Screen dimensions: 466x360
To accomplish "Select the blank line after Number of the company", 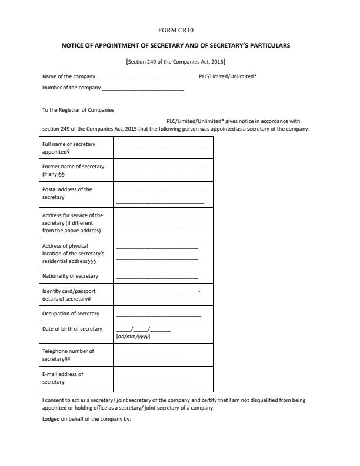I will coord(142,89).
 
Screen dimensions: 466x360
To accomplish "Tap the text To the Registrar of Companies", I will coord(78,110).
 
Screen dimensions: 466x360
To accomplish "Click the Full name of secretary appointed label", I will coord(69,148).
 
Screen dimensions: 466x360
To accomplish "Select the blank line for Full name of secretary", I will coord(160,145).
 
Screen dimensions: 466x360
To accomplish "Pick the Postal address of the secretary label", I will coord(68,193).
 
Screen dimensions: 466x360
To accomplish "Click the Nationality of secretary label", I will coord(70,275).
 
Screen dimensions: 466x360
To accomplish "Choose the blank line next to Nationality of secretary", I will coord(157,277).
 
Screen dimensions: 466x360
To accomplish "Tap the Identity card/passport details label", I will coord(69,295).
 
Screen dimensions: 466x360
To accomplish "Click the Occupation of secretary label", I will coord(71,314).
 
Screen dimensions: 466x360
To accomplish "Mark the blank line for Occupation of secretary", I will coord(157,315).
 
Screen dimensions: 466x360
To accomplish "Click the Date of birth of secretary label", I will coord(72,329).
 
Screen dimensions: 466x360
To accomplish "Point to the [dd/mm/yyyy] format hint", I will coord(134,337).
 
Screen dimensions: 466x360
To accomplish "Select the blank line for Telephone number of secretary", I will coord(151,353).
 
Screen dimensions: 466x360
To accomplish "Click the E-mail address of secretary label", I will coord(63,378).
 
